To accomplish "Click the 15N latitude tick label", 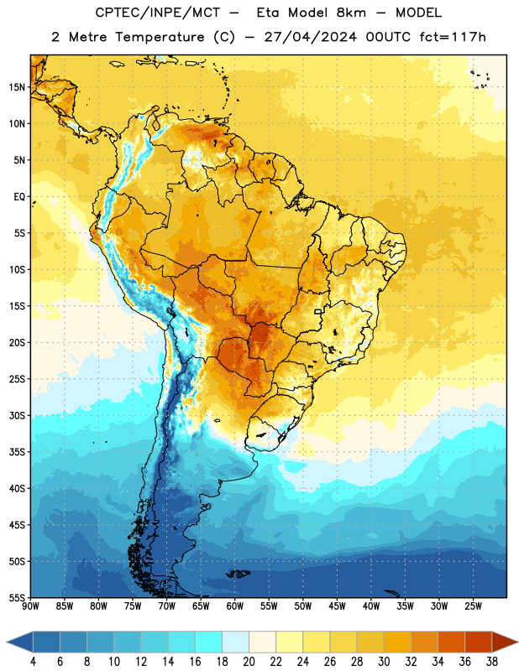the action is (17, 87).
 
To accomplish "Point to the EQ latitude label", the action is (19, 197).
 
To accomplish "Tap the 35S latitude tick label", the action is (17, 452).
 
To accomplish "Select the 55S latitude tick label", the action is (17, 597).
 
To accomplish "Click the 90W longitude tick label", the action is (30, 606).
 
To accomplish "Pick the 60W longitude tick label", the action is (235, 606).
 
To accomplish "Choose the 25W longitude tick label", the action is (473, 606).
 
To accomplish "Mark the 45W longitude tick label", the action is (337, 606).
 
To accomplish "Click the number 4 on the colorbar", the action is (33, 662).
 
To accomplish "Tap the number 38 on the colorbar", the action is (492, 662).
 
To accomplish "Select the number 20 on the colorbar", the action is (249, 662).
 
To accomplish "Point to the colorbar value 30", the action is (384, 662).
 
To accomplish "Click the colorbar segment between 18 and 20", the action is (235, 642).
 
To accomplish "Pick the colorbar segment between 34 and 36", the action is (451, 642).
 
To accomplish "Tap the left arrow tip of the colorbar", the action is (7, 642).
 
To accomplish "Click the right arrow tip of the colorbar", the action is (517, 642).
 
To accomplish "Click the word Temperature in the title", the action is (160, 37).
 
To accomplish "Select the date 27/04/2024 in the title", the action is (310, 37).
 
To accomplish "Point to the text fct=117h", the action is (453, 37).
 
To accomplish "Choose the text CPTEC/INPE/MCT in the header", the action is (157, 13).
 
